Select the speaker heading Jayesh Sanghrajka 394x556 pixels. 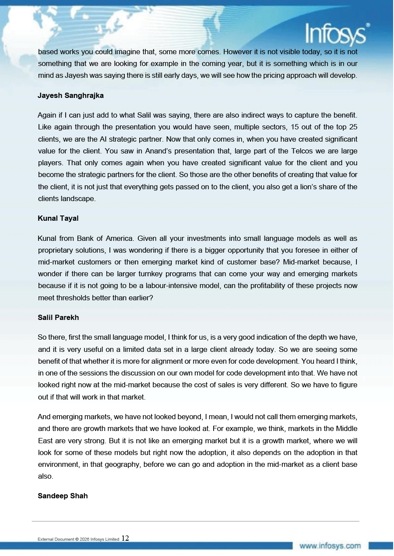click(70, 95)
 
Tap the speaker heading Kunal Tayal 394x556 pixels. click(58, 218)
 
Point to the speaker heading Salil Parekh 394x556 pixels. click(58, 317)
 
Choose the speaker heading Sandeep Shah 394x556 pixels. click(63, 496)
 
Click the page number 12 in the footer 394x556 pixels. click(125, 538)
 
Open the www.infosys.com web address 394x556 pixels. click(330, 546)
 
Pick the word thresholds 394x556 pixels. click(75, 298)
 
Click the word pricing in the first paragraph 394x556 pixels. click(272, 75)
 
